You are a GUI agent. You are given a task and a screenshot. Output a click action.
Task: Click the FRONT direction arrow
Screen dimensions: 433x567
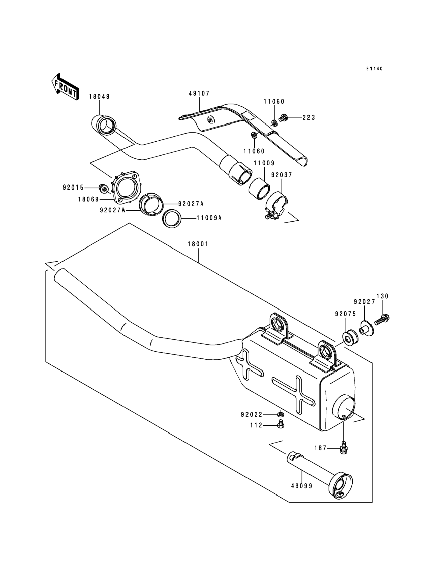(65, 87)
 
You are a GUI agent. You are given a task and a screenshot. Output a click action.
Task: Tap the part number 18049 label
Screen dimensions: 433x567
(99, 97)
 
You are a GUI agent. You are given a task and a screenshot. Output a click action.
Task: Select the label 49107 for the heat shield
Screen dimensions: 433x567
(199, 93)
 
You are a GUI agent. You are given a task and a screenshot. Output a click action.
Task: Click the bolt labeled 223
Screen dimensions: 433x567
(283, 118)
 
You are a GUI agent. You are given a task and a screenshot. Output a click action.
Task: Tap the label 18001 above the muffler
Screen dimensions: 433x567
(198, 244)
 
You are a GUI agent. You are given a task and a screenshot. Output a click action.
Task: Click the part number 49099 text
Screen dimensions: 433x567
(302, 486)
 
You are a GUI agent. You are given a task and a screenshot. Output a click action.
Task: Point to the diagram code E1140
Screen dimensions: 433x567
(375, 69)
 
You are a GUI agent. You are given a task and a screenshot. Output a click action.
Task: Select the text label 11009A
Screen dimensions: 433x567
(209, 218)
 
